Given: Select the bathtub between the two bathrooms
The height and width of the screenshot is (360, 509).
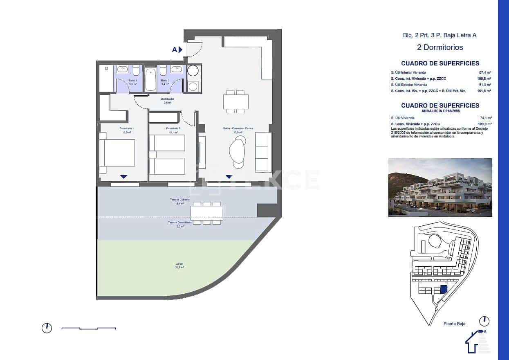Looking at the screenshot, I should point(151,80).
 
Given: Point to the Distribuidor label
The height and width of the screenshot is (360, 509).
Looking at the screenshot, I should point(168,101).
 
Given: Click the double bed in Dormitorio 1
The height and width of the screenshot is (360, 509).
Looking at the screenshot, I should point(118,153).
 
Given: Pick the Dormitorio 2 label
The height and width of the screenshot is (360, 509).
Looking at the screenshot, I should point(173,130).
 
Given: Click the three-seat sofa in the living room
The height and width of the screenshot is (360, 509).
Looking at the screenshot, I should point(263,152).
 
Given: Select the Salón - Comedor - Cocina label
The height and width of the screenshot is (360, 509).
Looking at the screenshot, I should point(238,130).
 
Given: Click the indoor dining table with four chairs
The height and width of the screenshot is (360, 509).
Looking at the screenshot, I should point(235,101).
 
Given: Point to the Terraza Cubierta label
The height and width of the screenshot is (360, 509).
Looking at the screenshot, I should point(180,201).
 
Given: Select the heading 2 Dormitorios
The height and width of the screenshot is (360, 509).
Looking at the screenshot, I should point(440,47).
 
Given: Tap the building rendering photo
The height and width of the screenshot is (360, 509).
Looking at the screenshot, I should point(440,187).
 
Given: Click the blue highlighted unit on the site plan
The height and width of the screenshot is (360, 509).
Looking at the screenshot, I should point(444,289).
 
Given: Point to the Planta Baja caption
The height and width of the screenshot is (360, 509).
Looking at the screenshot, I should point(454,324).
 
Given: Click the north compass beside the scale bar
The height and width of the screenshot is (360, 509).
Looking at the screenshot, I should point(47,328).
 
